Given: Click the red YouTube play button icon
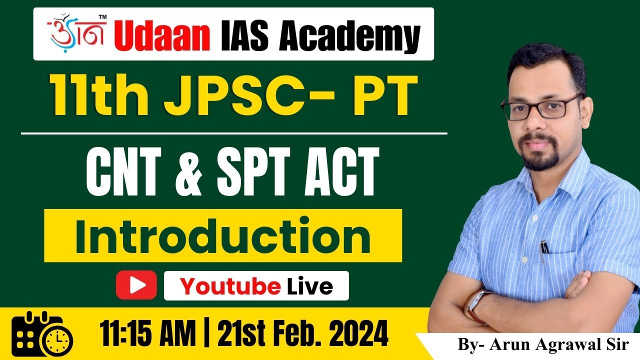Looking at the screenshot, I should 136,285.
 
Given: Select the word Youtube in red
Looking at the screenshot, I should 230,286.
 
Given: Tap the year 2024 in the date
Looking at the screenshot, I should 350,332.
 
